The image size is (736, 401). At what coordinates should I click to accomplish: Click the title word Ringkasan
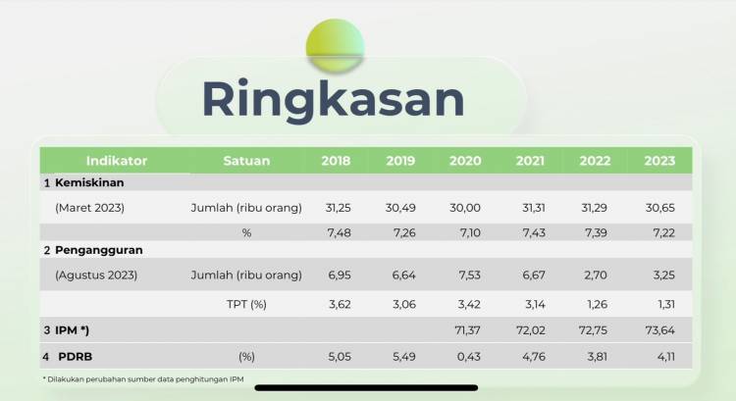tap(334, 100)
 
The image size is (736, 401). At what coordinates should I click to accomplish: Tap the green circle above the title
tap(336, 45)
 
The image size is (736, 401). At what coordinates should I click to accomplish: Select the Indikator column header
tap(117, 161)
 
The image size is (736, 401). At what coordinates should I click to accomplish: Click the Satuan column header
tap(246, 161)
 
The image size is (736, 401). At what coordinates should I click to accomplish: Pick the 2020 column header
tap(465, 161)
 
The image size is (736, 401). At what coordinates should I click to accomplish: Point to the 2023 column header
tap(659, 161)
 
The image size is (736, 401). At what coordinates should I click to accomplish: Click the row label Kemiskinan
tap(89, 182)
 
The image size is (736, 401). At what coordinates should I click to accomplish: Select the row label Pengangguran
tap(98, 250)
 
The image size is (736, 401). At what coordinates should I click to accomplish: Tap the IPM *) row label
tap(72, 330)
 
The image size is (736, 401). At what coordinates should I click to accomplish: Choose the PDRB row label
tap(76, 357)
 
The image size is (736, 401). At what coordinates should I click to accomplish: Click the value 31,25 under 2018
tap(338, 208)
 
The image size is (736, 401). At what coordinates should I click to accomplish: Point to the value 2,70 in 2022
tap(596, 275)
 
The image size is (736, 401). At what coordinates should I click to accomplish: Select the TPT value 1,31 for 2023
tap(665, 304)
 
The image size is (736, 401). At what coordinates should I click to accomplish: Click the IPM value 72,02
tap(531, 330)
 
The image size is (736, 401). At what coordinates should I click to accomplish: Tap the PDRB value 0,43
tap(469, 357)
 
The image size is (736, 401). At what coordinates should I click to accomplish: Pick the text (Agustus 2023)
tap(96, 275)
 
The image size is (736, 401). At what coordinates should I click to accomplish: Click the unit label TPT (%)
tap(246, 304)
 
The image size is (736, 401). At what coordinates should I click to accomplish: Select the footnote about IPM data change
tap(143, 379)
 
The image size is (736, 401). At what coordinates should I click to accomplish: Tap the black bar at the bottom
tap(366, 388)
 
